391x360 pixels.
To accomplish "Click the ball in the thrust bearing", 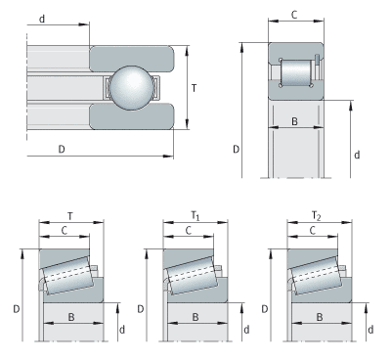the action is coord(131,88).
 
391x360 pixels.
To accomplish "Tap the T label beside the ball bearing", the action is coord(194,88).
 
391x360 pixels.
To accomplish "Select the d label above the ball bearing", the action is coord(42,19).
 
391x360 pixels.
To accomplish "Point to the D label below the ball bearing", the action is coord(62,149).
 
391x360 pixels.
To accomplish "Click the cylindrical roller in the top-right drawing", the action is coord(296,72).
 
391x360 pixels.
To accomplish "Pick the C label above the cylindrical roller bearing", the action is coord(294,15).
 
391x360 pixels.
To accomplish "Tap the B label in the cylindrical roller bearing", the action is coord(294,121).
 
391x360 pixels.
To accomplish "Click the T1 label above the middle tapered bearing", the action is coord(195,216).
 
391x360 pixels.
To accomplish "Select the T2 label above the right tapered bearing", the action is coord(316,216).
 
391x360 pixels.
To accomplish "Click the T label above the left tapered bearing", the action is coord(70,216).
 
